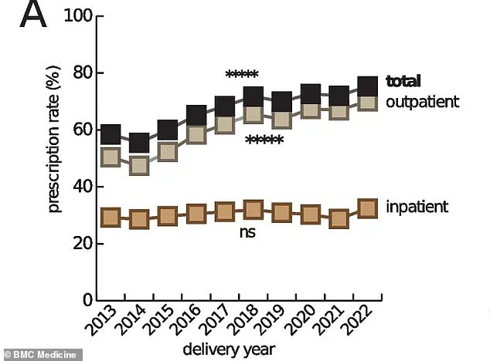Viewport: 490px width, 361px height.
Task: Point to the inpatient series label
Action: [417, 207]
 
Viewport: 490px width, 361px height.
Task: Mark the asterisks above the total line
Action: [242, 76]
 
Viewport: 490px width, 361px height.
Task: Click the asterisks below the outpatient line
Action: [264, 141]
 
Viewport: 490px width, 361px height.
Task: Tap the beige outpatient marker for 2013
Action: [111, 157]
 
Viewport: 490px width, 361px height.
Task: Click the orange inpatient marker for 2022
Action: [369, 207]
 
